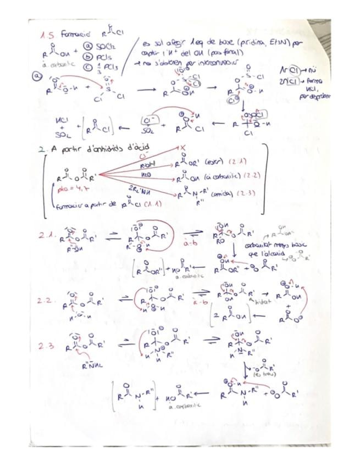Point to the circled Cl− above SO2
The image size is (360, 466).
pyautogui.click(x=147, y=119)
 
